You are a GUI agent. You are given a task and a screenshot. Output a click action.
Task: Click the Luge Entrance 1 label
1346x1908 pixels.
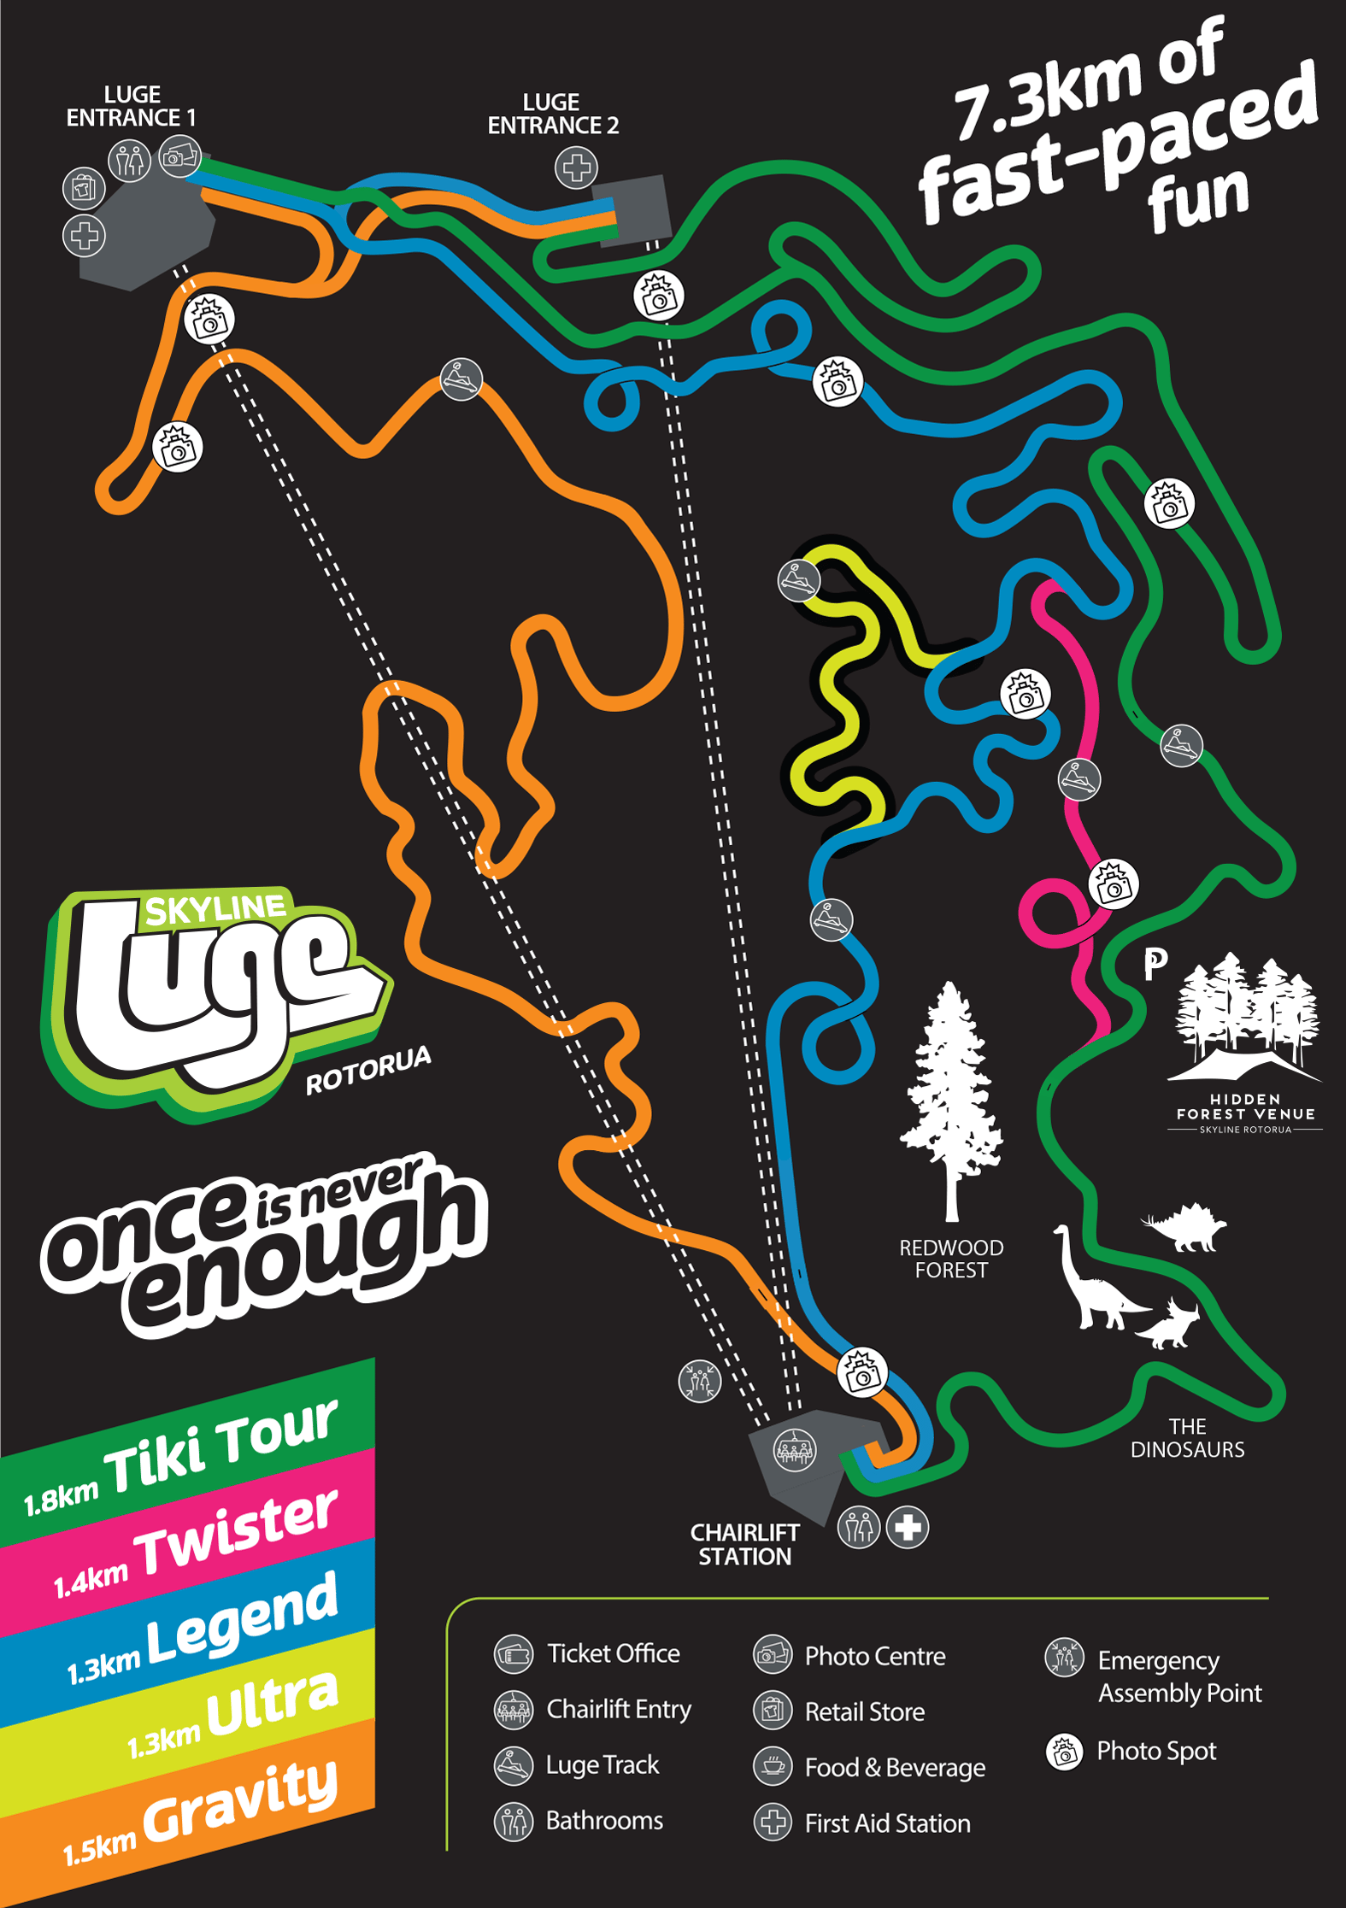131,106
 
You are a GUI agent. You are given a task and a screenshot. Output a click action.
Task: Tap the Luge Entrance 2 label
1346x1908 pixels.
552,114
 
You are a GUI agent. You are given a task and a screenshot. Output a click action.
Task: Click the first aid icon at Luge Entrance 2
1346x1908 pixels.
576,167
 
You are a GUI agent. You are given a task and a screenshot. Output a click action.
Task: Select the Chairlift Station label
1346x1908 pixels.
744,1544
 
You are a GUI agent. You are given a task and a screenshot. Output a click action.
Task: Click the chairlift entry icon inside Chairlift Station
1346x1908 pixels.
795,1449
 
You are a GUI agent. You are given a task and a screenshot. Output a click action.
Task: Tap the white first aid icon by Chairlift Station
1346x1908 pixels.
908,1527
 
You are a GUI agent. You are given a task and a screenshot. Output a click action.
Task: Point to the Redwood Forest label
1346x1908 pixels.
951,1259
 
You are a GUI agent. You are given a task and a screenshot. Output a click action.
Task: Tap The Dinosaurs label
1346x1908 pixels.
1187,1437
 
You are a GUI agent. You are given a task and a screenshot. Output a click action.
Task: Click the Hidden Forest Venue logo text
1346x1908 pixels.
1245,1108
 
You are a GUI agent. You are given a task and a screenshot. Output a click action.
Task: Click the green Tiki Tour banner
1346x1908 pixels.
188,1453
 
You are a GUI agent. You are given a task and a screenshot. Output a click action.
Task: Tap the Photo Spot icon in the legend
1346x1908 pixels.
1064,1752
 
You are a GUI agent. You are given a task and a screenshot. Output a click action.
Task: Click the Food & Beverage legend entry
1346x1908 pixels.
895,1767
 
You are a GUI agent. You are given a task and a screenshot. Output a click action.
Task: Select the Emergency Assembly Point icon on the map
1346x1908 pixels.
699,1381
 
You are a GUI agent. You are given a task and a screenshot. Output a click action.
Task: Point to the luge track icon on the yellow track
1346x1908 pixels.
798,581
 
